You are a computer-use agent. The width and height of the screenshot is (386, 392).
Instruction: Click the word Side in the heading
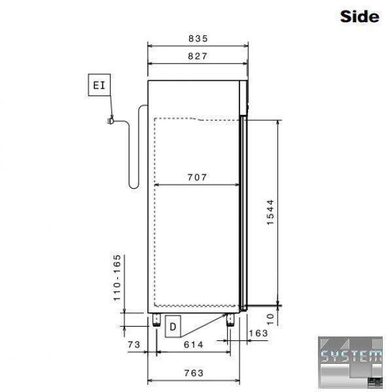coord(359,16)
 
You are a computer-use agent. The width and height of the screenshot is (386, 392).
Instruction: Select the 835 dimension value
coord(198,39)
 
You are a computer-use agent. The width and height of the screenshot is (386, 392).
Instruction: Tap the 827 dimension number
coord(198,56)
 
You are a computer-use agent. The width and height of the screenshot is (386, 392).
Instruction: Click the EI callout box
coord(99,85)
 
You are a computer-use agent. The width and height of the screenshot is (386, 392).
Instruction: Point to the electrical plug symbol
coord(111,121)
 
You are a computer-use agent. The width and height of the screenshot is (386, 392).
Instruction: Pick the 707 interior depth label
coord(198,177)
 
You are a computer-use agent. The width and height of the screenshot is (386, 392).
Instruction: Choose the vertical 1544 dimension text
coord(270,212)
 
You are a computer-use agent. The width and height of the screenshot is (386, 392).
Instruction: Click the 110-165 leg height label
coord(117,278)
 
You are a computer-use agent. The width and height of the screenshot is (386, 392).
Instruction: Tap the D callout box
coord(173,327)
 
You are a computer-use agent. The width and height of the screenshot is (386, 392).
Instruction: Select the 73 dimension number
coord(134,344)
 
